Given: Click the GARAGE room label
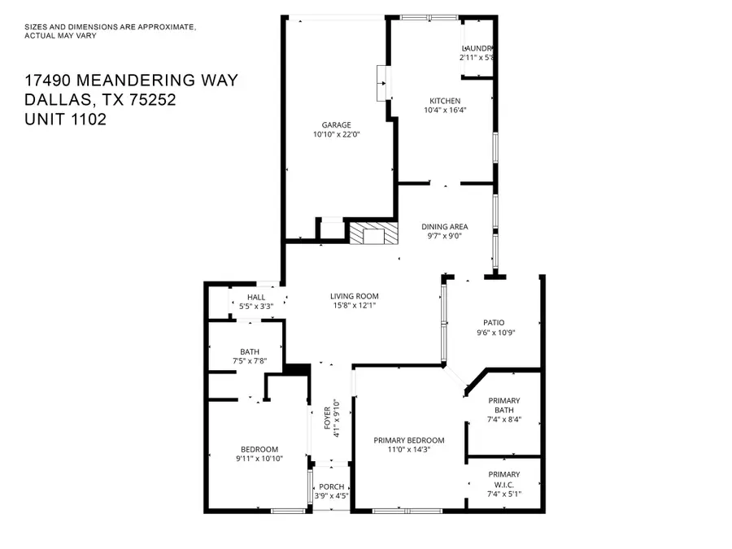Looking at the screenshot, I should (x=335, y=124).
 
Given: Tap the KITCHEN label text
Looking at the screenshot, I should (x=445, y=101).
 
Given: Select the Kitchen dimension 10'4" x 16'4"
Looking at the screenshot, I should (x=445, y=111).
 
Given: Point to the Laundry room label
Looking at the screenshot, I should (x=477, y=48).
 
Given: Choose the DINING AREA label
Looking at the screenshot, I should (x=444, y=227).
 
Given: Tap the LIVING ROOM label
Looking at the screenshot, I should (x=354, y=296).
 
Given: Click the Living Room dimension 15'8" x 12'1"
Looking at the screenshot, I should (x=354, y=306).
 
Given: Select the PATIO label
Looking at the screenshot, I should (x=496, y=322).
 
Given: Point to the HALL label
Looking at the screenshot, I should (x=256, y=297).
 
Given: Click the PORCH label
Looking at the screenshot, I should (x=331, y=486).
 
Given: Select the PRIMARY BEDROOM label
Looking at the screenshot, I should (x=409, y=440).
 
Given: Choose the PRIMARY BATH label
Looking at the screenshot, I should (x=503, y=406).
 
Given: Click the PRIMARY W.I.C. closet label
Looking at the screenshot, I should (x=503, y=480).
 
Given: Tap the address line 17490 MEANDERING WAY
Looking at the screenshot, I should (x=131, y=80).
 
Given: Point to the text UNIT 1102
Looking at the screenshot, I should (x=66, y=119).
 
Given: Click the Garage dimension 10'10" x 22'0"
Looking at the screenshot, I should (x=335, y=134).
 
